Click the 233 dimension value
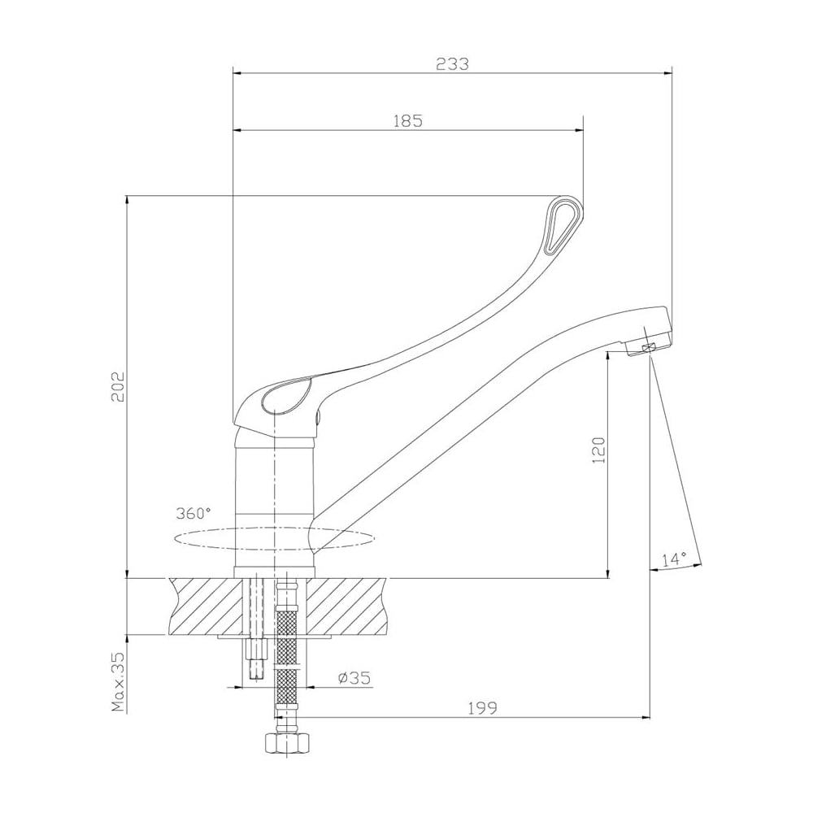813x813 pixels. tap(452, 63)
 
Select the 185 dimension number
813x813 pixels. tap(408, 121)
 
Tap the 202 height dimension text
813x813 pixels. tap(118, 385)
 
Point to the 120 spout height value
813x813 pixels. tap(599, 450)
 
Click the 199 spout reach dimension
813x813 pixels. tap(482, 708)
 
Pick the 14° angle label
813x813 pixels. tap(674, 559)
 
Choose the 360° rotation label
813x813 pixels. tap(193, 513)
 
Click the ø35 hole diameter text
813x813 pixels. tap(354, 678)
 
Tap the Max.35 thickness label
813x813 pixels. tap(119, 681)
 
